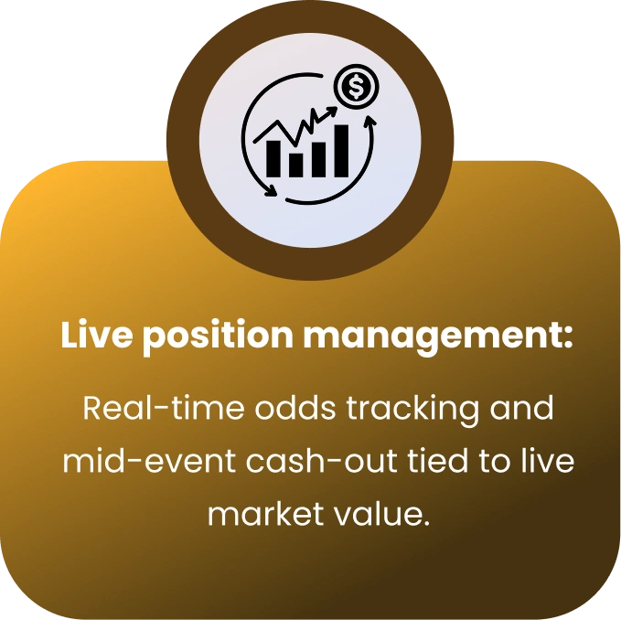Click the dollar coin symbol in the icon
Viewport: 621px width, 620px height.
click(356, 87)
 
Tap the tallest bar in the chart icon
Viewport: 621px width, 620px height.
click(342, 151)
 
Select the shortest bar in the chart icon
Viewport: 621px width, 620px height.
click(295, 165)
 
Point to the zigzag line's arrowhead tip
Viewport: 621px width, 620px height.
click(337, 108)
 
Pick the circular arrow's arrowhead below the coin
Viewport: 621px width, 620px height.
click(370, 121)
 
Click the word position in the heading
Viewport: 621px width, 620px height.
click(218, 336)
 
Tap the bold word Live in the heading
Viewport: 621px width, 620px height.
click(97, 335)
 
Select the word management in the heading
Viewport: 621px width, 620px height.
click(438, 336)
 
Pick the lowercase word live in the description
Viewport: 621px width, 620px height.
click(547, 461)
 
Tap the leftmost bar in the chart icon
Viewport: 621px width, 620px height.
click(273, 158)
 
